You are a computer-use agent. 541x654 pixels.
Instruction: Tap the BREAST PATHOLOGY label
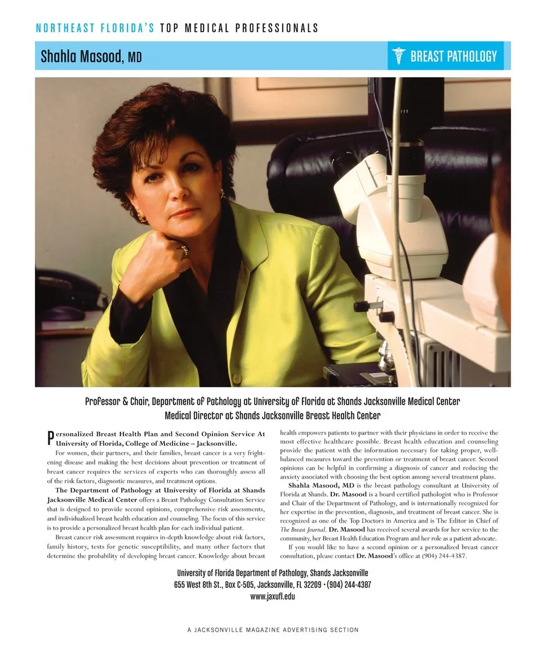453,56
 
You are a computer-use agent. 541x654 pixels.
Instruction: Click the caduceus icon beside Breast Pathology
399,56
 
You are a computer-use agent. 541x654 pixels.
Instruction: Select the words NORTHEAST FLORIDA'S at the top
95,28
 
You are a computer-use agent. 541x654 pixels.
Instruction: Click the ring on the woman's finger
184,250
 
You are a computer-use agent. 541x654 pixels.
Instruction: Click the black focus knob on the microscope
361,306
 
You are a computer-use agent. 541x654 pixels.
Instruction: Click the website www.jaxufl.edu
272,596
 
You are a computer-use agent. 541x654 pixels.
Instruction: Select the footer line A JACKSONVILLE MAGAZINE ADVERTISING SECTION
273,630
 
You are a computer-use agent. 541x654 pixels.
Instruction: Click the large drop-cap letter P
51,438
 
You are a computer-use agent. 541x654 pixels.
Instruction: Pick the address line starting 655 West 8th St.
272,585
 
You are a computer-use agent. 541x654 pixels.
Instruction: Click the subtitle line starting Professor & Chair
272,401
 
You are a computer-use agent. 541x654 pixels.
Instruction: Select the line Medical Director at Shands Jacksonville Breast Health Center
272,416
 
